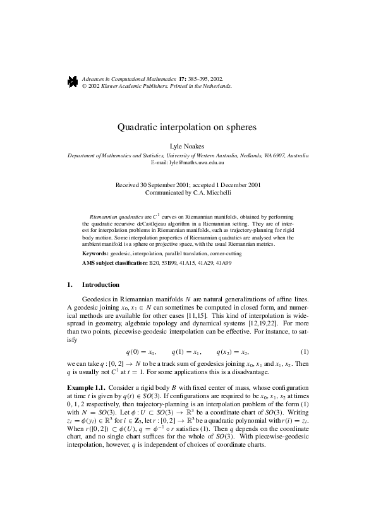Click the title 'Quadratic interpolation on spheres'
[x=187, y=126]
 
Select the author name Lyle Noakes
[x=188, y=146]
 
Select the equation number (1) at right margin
[x=305, y=351]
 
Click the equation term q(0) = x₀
[x=140, y=351]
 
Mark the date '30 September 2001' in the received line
[x=164, y=185]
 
